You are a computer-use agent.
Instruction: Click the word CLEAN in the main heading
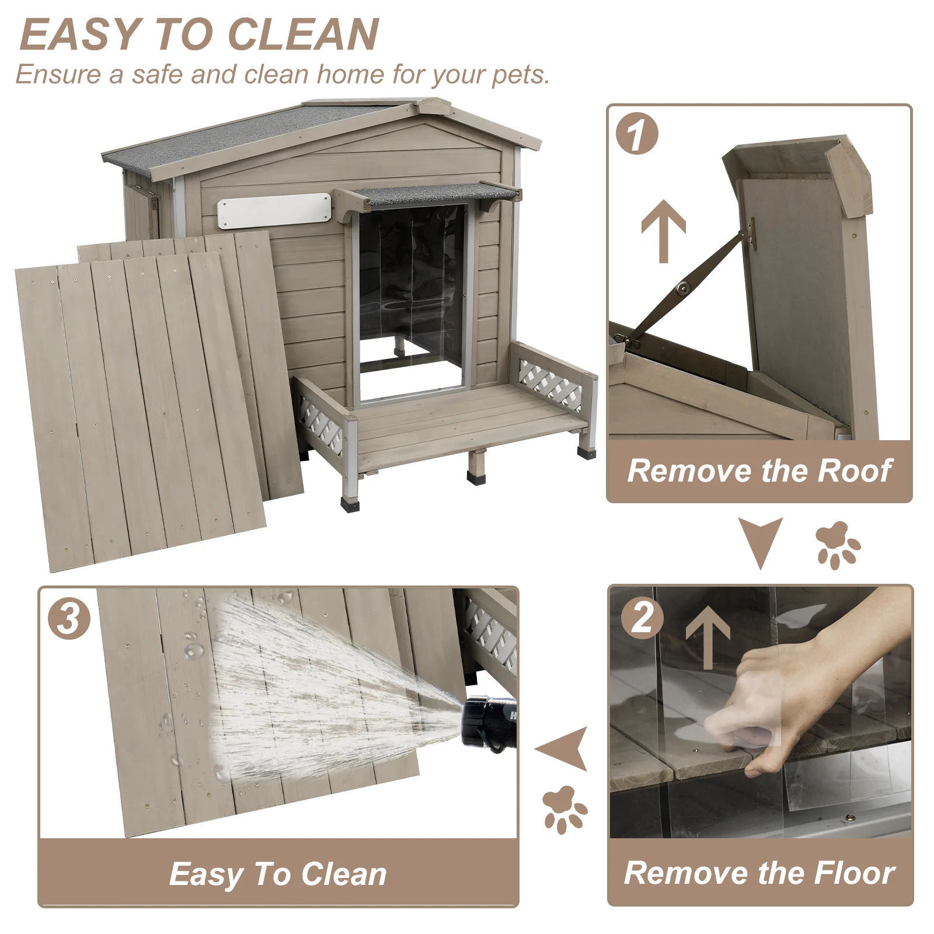click(x=303, y=34)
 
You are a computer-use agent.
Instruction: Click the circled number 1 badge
click(x=637, y=134)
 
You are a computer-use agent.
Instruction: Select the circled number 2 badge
click(x=642, y=618)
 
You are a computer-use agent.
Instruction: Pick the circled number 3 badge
click(x=69, y=618)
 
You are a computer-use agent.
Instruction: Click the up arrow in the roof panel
click(x=663, y=231)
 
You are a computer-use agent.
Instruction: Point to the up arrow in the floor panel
click(x=708, y=636)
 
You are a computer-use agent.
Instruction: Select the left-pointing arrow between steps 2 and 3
click(x=563, y=748)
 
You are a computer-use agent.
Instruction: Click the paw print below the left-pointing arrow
click(x=564, y=809)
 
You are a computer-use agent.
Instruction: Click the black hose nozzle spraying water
click(x=489, y=723)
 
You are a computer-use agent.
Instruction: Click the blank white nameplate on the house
click(x=274, y=210)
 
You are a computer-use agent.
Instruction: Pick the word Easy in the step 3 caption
click(x=206, y=874)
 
